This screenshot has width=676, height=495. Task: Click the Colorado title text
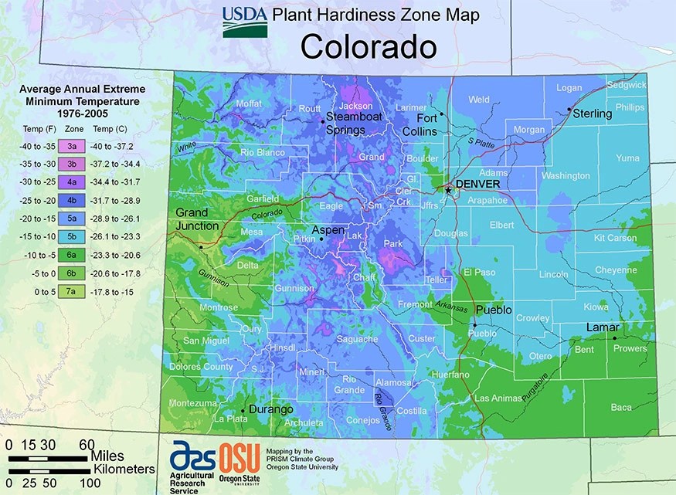coord(369,47)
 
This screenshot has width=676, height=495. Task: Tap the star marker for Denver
coord(447,188)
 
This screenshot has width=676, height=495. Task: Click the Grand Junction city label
coord(198,219)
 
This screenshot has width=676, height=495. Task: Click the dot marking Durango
coord(243,410)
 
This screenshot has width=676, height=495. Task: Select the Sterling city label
coord(592,114)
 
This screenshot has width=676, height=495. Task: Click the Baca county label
coord(621,407)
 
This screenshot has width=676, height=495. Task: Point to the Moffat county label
coord(250,103)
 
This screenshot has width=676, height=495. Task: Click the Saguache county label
coord(358,339)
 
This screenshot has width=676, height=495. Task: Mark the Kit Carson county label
coord(616,239)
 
